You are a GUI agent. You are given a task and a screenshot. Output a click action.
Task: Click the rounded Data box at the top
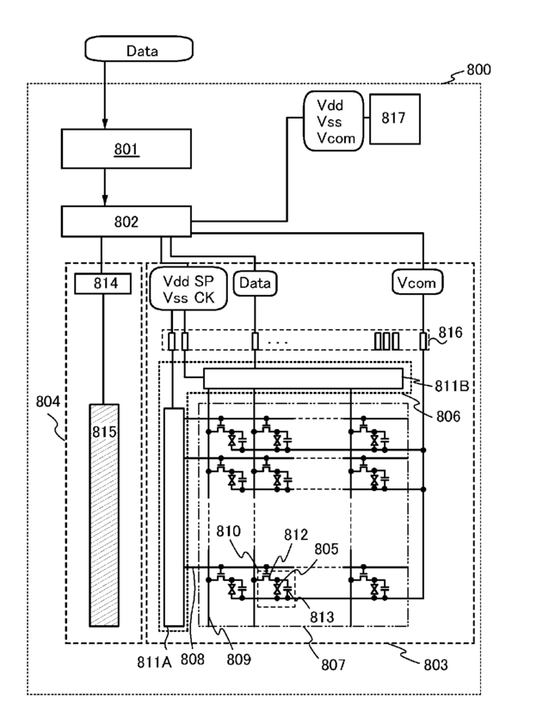point(141,51)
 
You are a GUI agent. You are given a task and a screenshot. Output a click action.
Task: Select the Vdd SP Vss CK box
point(188,288)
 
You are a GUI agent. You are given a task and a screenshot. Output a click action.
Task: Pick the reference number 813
point(319,614)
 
